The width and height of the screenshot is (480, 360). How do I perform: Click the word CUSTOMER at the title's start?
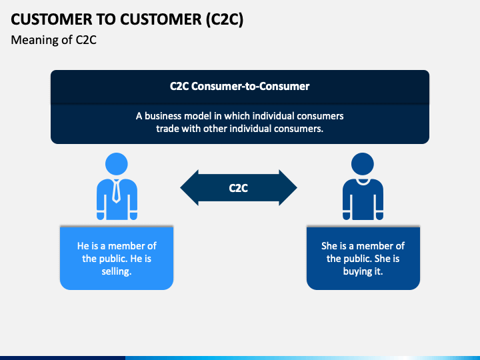[51, 19]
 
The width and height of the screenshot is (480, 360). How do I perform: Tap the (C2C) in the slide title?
[225, 19]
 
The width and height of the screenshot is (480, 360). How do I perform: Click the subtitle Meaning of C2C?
[53, 40]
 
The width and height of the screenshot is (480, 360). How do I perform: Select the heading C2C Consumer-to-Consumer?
[240, 86]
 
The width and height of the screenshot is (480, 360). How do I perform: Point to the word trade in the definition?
[167, 129]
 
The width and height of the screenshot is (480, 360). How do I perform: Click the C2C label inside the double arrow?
[239, 188]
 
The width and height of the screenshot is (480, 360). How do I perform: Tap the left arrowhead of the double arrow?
[189, 187]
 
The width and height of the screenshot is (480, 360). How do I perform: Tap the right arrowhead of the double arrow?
[288, 187]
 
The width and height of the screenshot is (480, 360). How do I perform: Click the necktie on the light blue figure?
[116, 191]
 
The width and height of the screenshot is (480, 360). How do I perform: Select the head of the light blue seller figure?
[117, 164]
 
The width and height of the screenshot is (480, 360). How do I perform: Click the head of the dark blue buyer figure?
[363, 164]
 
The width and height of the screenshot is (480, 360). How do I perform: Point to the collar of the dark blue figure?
[363, 182]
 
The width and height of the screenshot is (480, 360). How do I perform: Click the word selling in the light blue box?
[117, 271]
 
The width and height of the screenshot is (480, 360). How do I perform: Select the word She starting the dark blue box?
[329, 246]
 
